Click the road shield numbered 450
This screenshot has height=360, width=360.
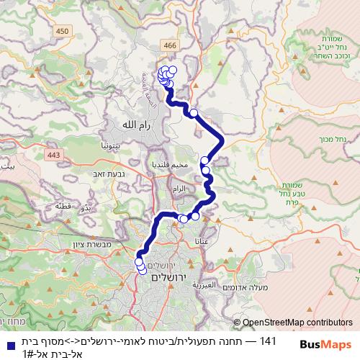coord(63,30)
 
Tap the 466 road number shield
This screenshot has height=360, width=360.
coord(170,45)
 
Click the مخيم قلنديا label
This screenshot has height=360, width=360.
coord(171,165)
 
